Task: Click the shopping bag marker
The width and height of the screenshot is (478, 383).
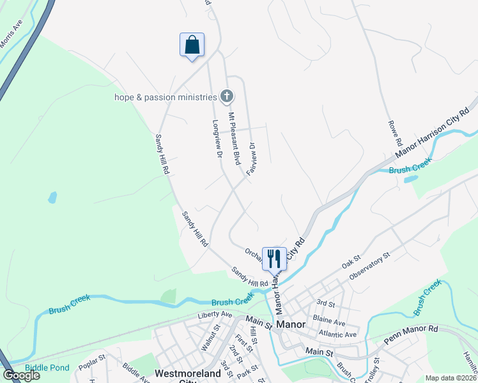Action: tap(192, 45)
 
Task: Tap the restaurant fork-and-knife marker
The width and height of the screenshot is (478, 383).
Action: tap(274, 259)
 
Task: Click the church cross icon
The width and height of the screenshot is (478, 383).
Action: tap(226, 96)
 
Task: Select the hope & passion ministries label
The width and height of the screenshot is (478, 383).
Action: tap(166, 97)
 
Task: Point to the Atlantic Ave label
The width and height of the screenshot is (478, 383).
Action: tap(334, 334)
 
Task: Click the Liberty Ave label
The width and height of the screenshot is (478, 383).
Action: tap(215, 314)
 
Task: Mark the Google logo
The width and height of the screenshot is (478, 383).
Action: tap(21, 375)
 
